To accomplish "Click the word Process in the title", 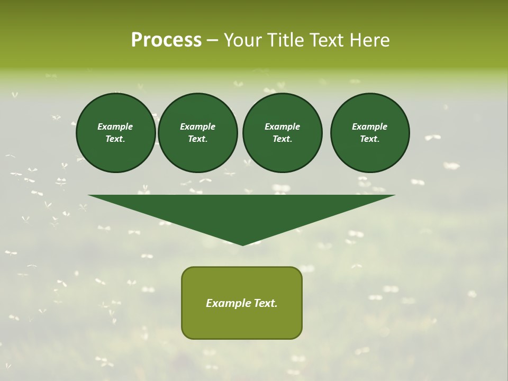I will pos(166,40).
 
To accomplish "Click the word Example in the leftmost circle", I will pos(115,126).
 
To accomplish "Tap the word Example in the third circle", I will pos(282,126).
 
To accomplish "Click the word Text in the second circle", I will pos(197,139).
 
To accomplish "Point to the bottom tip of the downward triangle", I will pos(242,244).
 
